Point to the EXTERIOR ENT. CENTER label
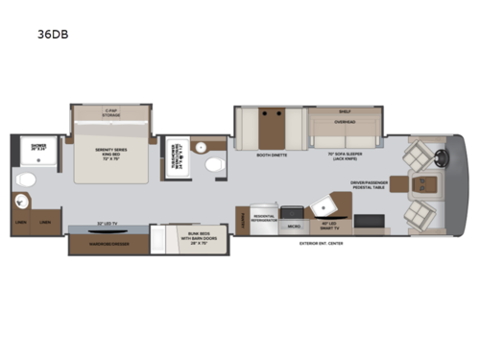321,244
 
